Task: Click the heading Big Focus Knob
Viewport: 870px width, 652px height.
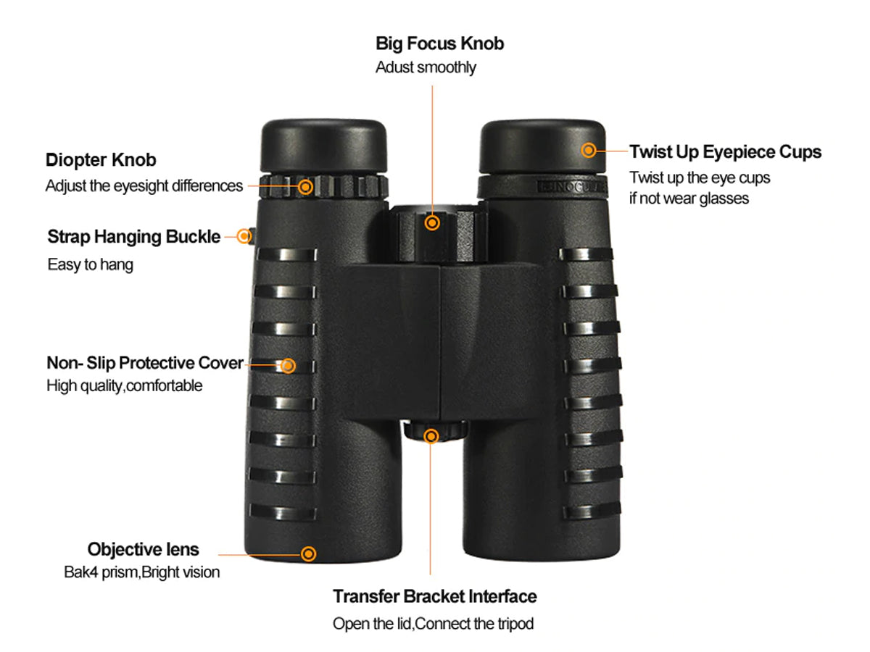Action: point(439,43)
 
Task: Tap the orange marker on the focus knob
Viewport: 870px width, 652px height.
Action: point(432,223)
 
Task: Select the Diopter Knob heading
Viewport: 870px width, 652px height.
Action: point(101,160)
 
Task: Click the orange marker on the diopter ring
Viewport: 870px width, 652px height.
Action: point(305,186)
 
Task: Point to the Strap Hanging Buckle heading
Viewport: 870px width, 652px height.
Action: point(134,237)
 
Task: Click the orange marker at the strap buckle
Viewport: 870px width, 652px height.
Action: point(244,236)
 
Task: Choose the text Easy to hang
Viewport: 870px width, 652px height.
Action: point(91,264)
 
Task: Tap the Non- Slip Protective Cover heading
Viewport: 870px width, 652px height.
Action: point(145,363)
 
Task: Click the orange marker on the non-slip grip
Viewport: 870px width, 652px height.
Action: point(288,365)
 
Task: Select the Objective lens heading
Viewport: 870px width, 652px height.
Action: point(144,549)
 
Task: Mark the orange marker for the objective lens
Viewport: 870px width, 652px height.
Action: point(308,553)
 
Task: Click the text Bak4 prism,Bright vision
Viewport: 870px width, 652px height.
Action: point(142,572)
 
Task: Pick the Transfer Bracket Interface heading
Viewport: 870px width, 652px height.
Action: point(435,596)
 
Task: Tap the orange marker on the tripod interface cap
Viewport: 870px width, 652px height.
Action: point(431,436)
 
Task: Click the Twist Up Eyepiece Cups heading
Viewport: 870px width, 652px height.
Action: point(726,152)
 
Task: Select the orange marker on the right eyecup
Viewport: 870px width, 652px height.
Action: point(589,150)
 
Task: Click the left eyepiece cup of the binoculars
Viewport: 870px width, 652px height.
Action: point(323,146)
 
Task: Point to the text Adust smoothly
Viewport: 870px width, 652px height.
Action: point(426,67)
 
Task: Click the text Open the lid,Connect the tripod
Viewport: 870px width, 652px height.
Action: point(434,624)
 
